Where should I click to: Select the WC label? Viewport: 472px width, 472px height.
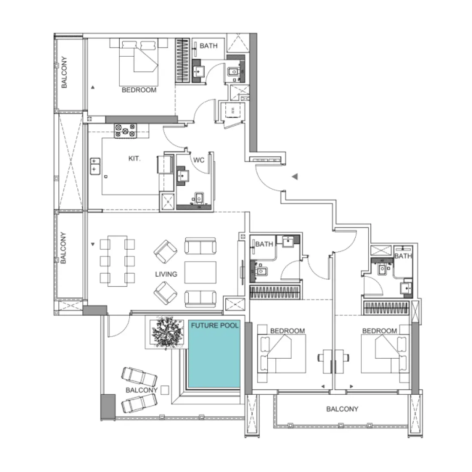click(198, 160)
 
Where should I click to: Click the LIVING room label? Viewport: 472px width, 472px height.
click(166, 274)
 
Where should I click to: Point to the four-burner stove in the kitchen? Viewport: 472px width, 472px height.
click(125, 131)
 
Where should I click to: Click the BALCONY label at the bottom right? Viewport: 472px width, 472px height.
click(342, 409)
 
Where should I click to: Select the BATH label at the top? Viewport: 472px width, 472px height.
click(209, 46)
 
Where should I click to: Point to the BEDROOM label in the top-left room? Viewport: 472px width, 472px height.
click(139, 90)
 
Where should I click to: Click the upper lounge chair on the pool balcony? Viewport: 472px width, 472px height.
click(139, 376)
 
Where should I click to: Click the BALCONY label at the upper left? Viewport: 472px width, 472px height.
click(64, 72)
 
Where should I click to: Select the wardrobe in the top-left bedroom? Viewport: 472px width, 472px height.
click(182, 61)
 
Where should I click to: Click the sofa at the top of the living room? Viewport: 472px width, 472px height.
click(200, 246)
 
